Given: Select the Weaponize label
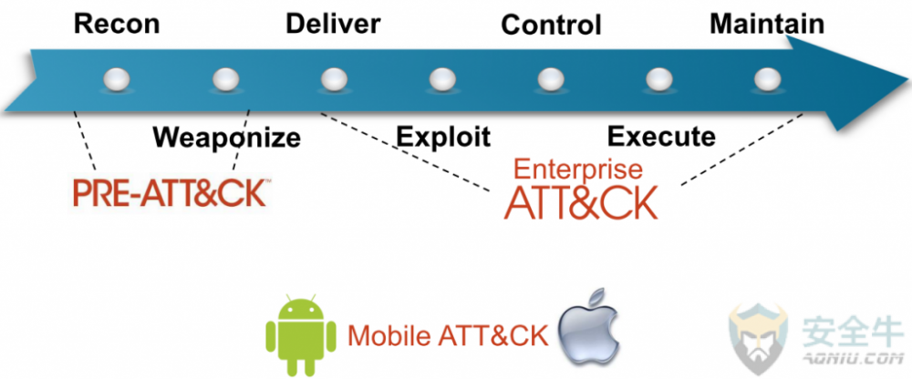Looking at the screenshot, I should click(x=226, y=138).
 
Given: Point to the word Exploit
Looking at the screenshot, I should click(x=443, y=138).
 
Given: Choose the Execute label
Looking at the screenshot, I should click(x=661, y=138).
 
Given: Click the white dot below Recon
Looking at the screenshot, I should click(x=119, y=80).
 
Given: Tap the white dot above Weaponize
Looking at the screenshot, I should click(x=226, y=80).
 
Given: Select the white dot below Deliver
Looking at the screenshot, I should click(x=334, y=80).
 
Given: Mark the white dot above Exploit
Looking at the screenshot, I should click(x=441, y=80).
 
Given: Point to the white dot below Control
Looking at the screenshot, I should click(x=549, y=80).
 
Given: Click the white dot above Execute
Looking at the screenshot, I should click(x=657, y=80).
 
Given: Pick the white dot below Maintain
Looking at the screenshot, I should click(x=764, y=80).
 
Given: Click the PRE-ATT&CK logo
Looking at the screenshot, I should click(x=170, y=194).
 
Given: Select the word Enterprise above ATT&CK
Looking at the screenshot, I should click(x=578, y=170).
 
